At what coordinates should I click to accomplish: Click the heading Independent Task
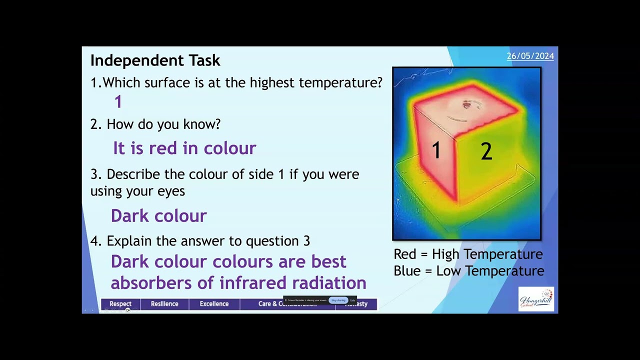click(155, 60)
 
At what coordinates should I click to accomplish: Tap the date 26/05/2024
click(530, 56)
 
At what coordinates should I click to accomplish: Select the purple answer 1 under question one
click(118, 102)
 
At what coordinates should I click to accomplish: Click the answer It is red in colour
click(184, 148)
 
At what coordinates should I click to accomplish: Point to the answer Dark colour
click(158, 216)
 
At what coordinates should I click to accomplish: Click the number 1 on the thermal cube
click(436, 150)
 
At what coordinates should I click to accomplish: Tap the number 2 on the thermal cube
click(486, 151)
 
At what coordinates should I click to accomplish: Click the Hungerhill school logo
click(536, 299)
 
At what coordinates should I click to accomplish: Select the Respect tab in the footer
click(120, 304)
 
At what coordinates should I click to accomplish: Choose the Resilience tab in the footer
click(164, 304)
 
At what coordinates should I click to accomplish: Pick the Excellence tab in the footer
click(214, 304)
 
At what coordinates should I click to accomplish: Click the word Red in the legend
click(405, 254)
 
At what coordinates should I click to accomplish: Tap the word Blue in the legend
click(406, 271)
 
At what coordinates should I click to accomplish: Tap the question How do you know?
click(163, 124)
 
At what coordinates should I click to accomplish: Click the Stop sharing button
click(338, 300)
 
